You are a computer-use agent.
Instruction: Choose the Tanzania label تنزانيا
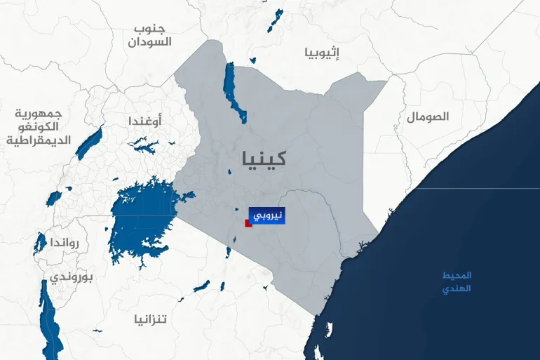coord(151,319)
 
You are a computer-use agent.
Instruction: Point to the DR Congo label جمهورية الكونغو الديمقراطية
coord(39,127)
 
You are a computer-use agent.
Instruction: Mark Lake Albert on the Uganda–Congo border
coord(89,143)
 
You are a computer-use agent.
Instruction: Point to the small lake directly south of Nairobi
coord(230,251)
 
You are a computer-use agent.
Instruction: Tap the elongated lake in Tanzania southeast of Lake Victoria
coord(201,286)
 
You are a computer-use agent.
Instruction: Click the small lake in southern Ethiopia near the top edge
coord(274,21)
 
